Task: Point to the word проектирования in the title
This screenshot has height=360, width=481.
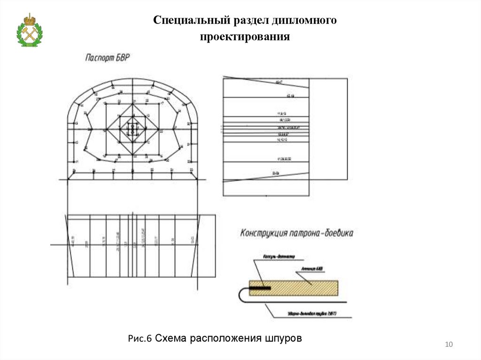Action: tap(244, 37)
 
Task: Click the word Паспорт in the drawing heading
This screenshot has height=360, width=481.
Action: tap(101, 58)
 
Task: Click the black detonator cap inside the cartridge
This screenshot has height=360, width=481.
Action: tap(260, 287)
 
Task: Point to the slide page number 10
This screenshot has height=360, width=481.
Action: tap(448, 345)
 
